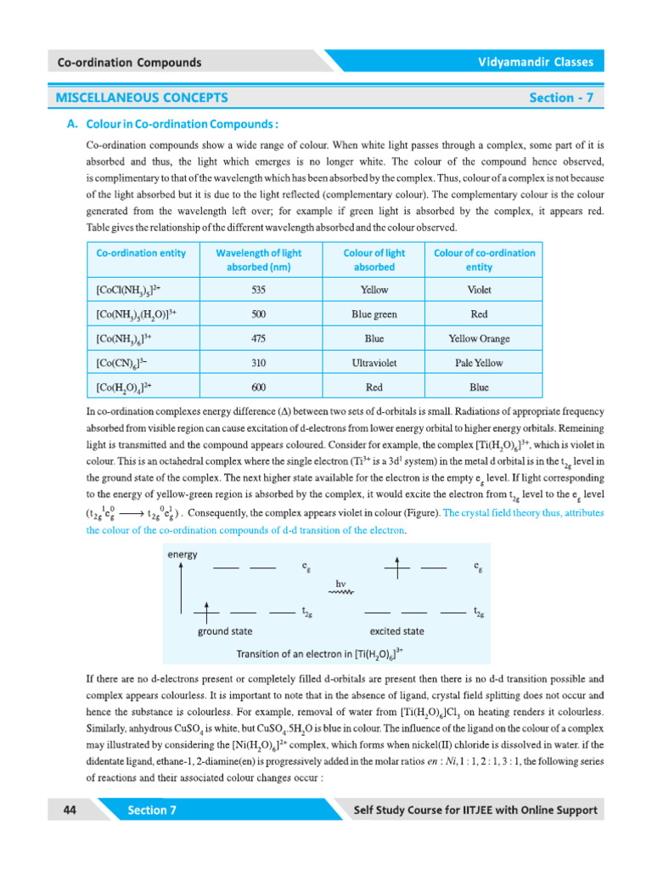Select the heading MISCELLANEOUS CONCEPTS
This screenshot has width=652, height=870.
[x=142, y=98]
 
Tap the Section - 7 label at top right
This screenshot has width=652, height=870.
[x=561, y=98]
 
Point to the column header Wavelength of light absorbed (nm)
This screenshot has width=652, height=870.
[x=259, y=259]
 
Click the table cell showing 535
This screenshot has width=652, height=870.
[x=259, y=290]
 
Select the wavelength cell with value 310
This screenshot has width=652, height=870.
[x=259, y=363]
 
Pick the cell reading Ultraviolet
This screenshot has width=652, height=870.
[x=374, y=363]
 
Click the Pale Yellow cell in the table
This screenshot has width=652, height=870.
[x=479, y=363]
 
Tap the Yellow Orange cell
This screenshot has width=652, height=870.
[x=479, y=338]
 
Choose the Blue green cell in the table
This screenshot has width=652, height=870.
[x=374, y=314]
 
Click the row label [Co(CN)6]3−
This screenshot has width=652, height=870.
[x=123, y=363]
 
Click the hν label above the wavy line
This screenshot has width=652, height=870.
[x=342, y=584]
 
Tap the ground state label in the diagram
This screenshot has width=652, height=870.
[x=224, y=632]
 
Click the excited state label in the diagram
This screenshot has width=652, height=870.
[x=396, y=632]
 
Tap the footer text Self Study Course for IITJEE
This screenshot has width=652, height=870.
[x=475, y=811]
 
